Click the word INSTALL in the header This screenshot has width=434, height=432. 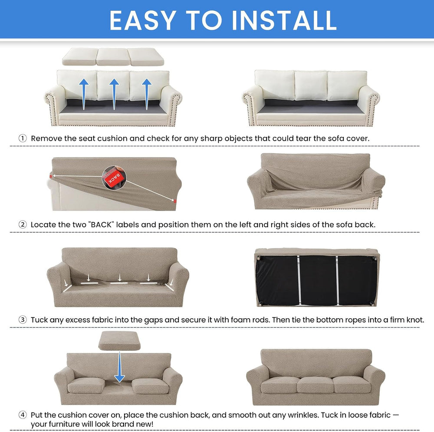[x=284, y=20]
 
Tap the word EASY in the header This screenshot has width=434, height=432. [x=143, y=20]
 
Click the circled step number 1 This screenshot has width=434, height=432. [x=23, y=138]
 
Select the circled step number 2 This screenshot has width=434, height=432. [x=23, y=224]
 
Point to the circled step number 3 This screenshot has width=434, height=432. [x=23, y=320]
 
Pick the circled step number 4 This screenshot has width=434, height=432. [x=23, y=415]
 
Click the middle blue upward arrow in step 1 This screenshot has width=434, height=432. [x=114, y=94]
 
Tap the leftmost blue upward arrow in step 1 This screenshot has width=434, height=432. [x=84, y=94]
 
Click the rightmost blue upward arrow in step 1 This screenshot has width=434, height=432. [x=147, y=94]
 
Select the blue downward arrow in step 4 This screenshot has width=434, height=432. [x=120, y=366]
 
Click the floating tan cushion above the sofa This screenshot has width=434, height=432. [x=119, y=341]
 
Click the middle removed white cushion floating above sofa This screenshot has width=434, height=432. [x=113, y=57]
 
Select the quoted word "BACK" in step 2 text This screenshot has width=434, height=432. [x=101, y=224]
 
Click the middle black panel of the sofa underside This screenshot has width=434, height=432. [x=318, y=280]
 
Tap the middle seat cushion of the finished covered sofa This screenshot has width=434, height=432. [x=315, y=385]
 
